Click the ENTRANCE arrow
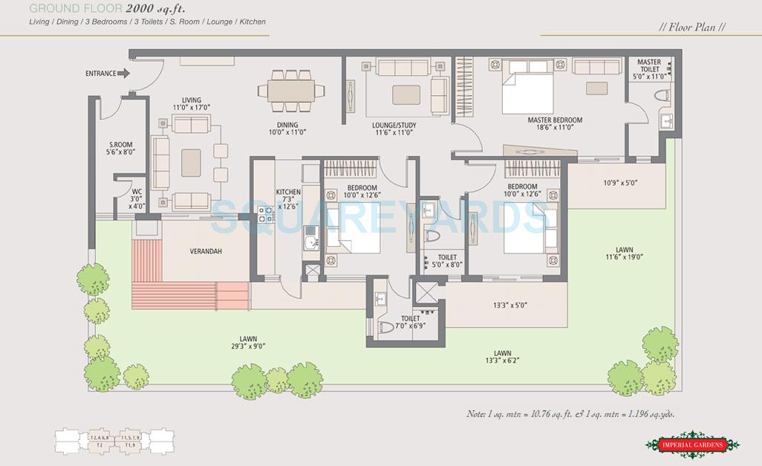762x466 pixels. tap(124, 73)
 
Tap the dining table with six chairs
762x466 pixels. tap(291, 91)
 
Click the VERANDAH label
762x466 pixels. tap(206, 251)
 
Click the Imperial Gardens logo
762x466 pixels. tap(692, 444)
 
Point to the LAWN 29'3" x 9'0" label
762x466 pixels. tap(247, 341)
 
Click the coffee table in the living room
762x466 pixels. tap(191, 162)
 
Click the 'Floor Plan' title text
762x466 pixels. tap(691, 27)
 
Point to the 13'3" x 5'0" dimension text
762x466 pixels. tap(515, 305)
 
